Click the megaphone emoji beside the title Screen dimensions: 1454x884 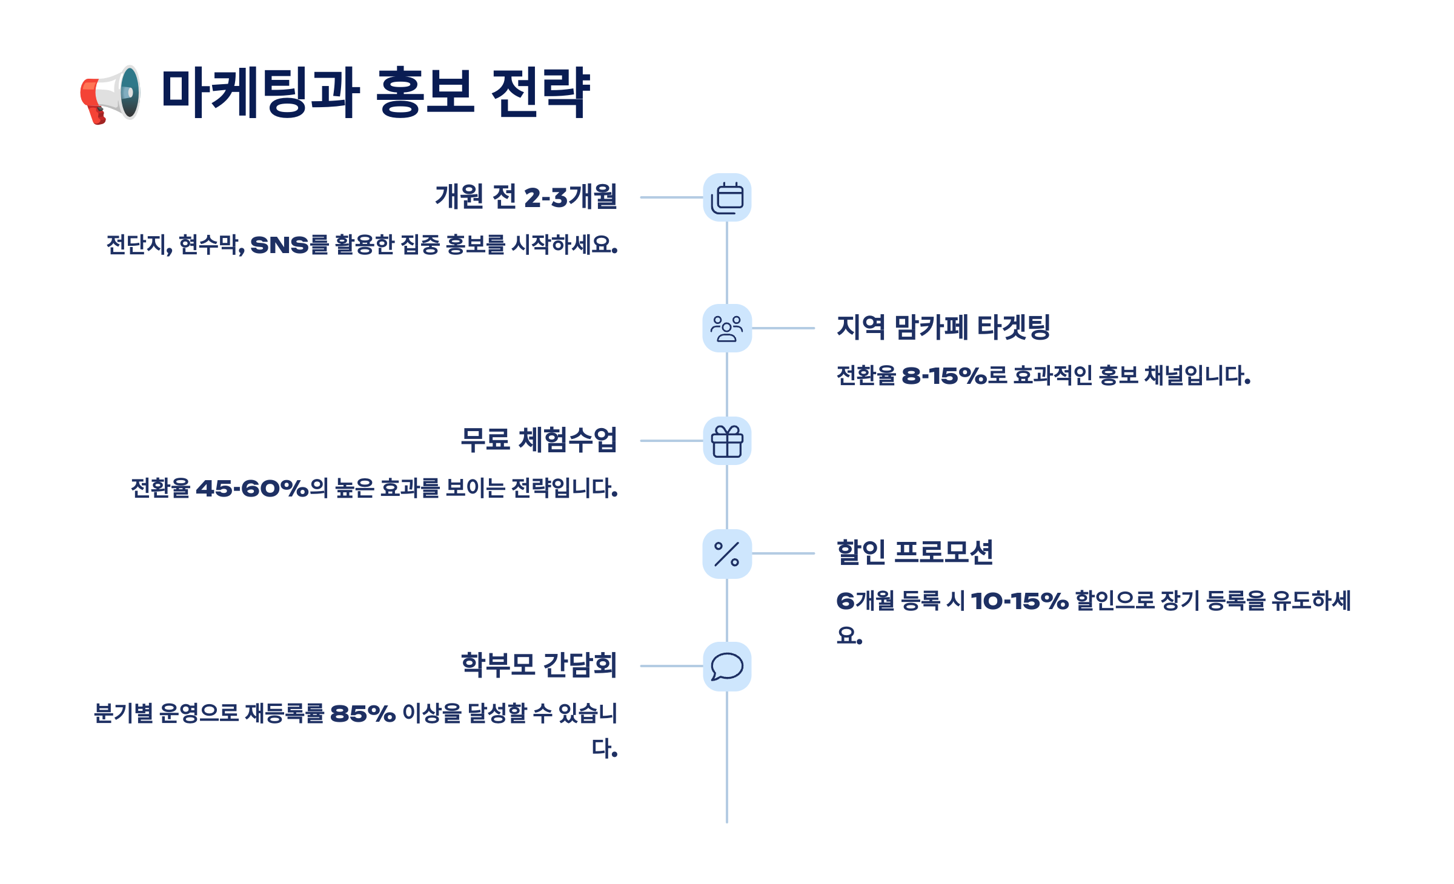point(111,94)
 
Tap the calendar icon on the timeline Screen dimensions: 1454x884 point(727,197)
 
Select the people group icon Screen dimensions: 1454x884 point(727,328)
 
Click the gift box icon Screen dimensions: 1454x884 point(727,441)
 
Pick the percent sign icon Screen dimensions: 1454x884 point(727,553)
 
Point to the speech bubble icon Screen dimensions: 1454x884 point(727,666)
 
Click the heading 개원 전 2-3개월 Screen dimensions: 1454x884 point(526,197)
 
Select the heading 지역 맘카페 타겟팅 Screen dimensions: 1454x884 point(943,328)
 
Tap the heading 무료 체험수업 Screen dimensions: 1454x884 point(539,440)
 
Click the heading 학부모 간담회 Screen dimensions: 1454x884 point(539,665)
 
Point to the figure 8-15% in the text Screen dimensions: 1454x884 point(944,376)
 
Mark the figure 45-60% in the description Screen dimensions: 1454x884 point(252,489)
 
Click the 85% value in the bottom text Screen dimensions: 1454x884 point(363,714)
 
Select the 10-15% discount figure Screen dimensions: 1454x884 point(1020,601)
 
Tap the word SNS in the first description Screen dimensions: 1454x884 point(279,245)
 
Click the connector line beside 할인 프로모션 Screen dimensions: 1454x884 point(783,553)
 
